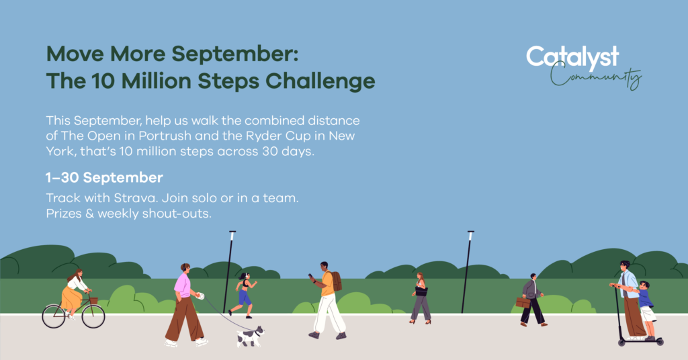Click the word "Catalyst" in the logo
tap(572, 58)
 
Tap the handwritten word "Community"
tap(596, 77)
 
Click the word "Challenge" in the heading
tap(320, 81)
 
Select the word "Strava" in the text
tap(136, 198)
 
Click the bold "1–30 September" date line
tap(104, 177)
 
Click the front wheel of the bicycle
tap(93, 316)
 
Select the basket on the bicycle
tap(93, 301)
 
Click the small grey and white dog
tap(251, 336)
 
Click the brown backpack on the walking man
tap(336, 281)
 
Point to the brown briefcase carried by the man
tap(523, 302)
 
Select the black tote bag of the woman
tap(421, 291)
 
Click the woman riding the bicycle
tap(75, 292)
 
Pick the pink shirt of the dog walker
tap(182, 285)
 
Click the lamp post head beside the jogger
tap(232, 236)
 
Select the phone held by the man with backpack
tap(310, 277)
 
